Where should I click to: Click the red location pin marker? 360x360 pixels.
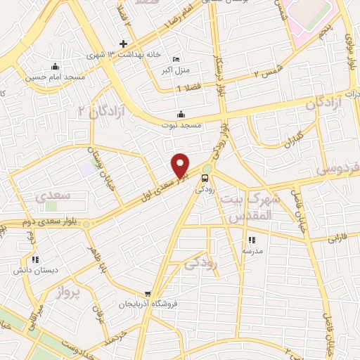click(x=181, y=165)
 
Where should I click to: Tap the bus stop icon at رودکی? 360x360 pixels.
click(x=206, y=177)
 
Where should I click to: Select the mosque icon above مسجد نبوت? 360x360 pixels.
click(x=181, y=115)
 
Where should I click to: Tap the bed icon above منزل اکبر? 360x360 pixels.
click(x=175, y=59)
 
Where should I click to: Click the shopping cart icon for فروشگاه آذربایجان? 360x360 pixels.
click(x=147, y=294)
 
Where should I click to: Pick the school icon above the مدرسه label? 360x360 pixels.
click(x=252, y=240)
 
